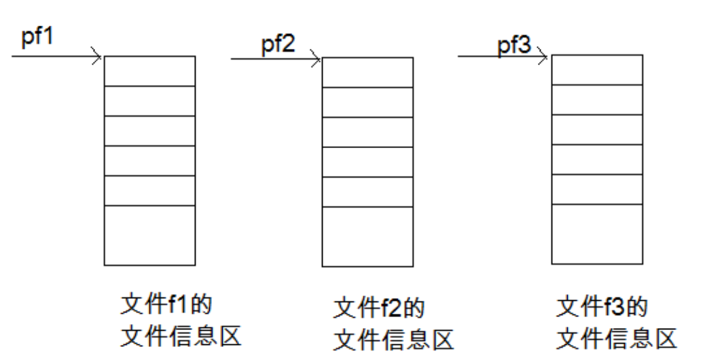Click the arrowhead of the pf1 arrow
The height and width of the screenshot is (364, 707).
(99, 56)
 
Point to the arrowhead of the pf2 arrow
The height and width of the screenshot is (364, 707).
(316, 59)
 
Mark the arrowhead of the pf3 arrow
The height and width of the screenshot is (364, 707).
(543, 57)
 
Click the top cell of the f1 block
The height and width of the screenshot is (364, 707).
(149, 71)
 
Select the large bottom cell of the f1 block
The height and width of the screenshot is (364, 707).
(149, 234)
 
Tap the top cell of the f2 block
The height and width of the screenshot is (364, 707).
(367, 73)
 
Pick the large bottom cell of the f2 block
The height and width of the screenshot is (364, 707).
(367, 236)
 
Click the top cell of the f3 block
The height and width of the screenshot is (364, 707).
(596, 70)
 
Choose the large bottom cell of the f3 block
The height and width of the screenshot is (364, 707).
(596, 234)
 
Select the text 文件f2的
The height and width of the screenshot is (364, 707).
(379, 308)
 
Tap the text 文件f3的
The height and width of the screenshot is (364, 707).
(602, 307)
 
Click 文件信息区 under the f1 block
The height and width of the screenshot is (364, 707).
(181, 335)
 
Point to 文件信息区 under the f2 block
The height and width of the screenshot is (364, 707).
(393, 340)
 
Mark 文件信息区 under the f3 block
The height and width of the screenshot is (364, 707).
(617, 338)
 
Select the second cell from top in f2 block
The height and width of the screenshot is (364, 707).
(367, 103)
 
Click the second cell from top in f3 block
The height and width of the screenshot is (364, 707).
(596, 100)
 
